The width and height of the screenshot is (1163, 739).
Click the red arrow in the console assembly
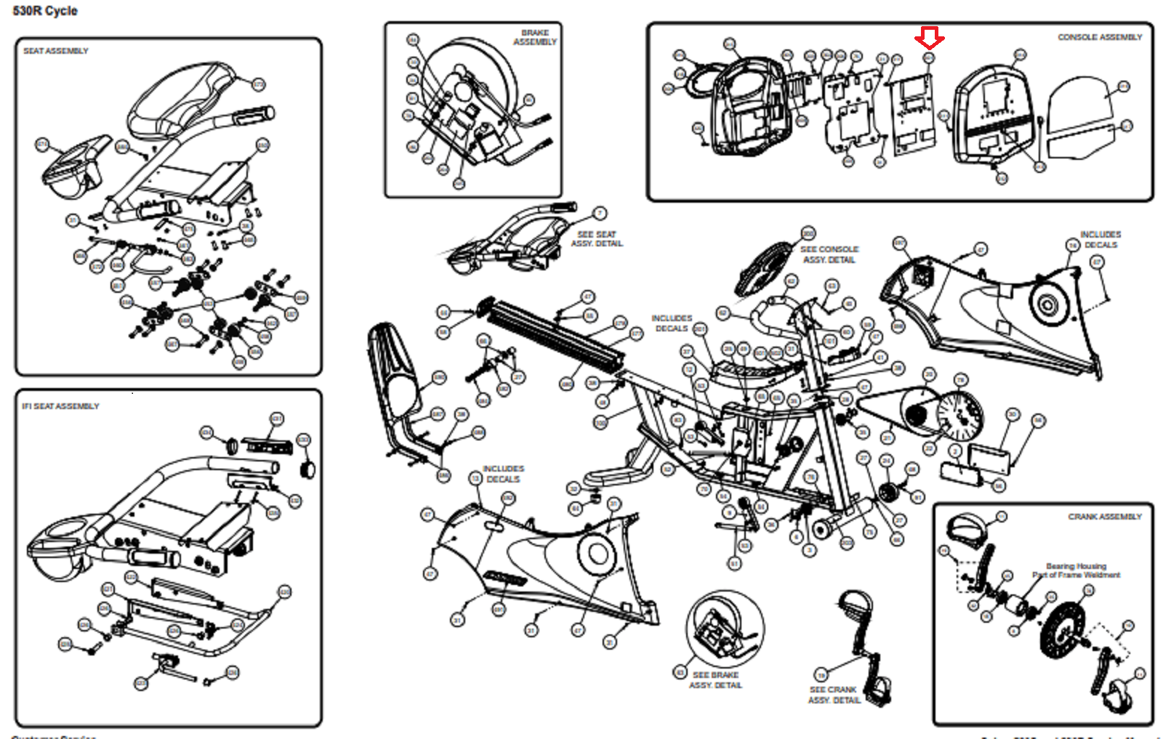930,38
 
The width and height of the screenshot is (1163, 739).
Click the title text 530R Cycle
45,11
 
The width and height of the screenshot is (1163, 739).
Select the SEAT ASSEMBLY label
56,51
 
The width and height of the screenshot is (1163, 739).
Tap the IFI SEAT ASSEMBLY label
60,406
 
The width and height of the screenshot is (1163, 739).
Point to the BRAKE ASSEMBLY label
536,38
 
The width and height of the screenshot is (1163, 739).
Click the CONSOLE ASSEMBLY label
1100,37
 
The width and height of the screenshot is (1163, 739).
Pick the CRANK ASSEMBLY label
1105,517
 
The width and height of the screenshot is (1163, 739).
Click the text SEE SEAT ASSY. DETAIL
597,239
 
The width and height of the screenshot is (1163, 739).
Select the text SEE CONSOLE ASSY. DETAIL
829,254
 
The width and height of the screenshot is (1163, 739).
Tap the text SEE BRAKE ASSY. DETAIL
715,680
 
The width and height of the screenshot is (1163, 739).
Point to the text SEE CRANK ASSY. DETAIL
834,695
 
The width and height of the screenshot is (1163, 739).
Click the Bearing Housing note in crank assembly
1077,570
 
